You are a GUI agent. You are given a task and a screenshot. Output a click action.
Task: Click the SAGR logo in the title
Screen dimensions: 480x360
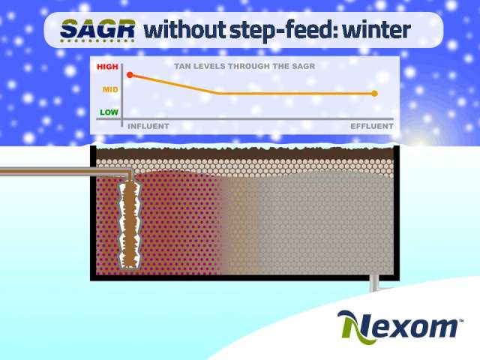point(97,30)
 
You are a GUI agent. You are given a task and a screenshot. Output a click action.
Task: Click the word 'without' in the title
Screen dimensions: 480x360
point(185,30)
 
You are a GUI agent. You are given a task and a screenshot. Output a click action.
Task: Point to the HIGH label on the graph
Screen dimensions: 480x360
point(107,67)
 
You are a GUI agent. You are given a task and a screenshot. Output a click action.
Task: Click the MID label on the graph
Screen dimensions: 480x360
point(110,90)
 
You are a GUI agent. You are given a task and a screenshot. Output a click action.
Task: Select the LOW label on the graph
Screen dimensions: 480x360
point(109,112)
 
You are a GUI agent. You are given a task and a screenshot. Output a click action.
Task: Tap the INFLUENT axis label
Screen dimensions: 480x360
point(148,126)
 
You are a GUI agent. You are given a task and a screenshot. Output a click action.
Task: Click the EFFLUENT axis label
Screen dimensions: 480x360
point(372,126)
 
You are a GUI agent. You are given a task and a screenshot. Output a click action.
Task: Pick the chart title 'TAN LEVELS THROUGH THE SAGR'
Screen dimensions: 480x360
point(244,66)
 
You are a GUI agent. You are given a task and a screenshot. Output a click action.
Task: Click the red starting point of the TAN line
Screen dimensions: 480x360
point(130,75)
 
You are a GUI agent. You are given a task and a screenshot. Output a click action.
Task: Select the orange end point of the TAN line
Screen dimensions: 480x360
point(375,93)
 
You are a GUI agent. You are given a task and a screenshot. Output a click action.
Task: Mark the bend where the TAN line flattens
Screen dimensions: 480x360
point(218,93)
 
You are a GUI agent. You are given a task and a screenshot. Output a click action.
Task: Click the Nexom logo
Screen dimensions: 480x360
point(400,327)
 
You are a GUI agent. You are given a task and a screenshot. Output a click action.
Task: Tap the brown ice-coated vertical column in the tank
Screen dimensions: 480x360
point(130,225)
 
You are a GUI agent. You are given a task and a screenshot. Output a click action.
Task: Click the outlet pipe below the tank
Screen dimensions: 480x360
point(374,283)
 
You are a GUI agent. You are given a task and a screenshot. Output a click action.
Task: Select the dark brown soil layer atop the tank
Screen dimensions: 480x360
point(245,154)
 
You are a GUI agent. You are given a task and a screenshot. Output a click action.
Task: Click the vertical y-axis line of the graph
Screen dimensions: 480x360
point(121,95)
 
